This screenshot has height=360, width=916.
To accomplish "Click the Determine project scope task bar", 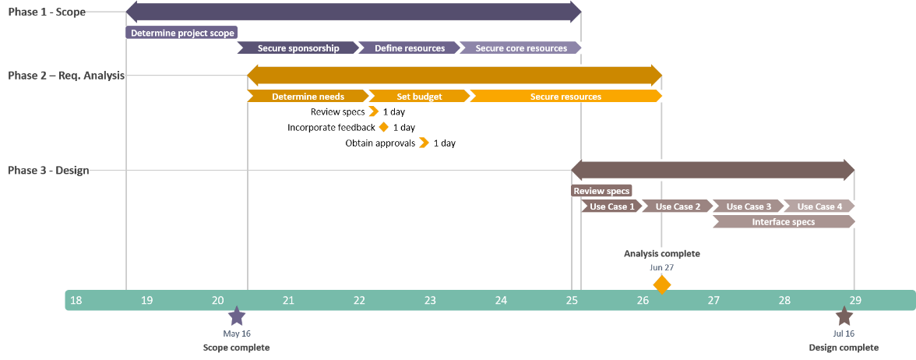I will click(181, 33).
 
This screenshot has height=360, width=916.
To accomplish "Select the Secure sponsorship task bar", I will click(298, 48).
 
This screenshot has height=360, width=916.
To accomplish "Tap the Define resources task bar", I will click(409, 48).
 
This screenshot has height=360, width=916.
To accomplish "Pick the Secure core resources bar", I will click(520, 48).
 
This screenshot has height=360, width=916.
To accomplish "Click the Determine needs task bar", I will click(308, 97).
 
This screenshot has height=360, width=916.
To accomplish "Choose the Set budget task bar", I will click(419, 97).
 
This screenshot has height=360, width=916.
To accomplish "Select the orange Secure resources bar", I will click(565, 97).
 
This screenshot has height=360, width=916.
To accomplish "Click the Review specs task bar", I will click(601, 191).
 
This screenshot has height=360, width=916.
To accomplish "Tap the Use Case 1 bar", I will click(612, 206).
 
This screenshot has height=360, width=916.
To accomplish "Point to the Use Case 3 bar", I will click(749, 206).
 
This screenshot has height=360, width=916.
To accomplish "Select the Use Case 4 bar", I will click(819, 206).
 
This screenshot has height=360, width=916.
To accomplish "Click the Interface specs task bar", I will click(784, 222).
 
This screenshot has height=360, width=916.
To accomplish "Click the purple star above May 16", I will click(237, 316).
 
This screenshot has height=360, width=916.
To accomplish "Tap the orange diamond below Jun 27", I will click(661, 284).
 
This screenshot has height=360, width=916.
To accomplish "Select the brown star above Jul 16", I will click(844, 316).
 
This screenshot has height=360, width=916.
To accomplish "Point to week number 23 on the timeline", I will click(430, 301).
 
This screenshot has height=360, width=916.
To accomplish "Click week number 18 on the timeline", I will click(76, 301).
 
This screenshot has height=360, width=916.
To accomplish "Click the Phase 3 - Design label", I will click(48, 171).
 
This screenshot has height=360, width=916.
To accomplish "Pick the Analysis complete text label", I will click(661, 253).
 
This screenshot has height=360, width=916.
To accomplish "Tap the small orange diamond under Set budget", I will click(383, 126).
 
